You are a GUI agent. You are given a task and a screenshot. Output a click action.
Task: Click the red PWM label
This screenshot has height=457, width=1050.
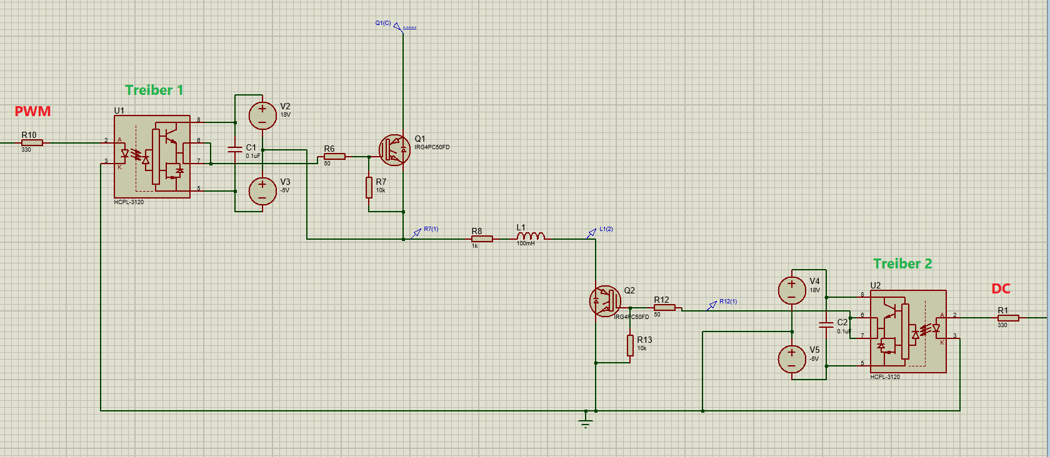(x=32, y=112)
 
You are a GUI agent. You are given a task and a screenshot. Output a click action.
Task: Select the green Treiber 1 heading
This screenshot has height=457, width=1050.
(x=154, y=91)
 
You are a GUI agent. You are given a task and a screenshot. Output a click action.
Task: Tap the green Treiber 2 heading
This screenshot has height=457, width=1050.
(x=902, y=264)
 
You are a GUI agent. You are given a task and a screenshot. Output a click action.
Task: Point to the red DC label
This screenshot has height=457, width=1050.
(x=1001, y=289)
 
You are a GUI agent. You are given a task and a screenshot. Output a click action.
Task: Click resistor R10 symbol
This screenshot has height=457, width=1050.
(x=32, y=143)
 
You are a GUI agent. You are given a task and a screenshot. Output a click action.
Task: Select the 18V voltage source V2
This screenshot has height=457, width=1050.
(x=262, y=115)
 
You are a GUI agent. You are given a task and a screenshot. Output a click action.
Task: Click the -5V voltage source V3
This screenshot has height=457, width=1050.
(x=262, y=191)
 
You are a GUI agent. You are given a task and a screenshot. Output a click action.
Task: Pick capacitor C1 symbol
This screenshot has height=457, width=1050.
(x=235, y=150)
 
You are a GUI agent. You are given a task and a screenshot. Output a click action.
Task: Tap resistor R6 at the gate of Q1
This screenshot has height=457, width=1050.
(x=334, y=156)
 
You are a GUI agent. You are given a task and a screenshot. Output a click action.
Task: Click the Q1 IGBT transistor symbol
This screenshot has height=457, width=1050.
(x=394, y=150)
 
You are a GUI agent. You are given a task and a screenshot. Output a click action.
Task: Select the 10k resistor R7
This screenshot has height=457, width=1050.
(x=369, y=187)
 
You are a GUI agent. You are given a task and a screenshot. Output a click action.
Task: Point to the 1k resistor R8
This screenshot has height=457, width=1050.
(x=482, y=238)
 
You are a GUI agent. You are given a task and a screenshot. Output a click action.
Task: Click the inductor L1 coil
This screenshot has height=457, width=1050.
(x=531, y=236)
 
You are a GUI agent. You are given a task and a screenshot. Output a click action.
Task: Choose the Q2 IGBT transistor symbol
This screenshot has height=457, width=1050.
(x=605, y=301)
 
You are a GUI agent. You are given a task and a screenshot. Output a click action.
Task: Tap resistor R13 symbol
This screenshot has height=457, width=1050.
(x=630, y=345)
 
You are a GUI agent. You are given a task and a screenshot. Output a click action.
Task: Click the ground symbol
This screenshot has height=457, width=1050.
(x=586, y=423)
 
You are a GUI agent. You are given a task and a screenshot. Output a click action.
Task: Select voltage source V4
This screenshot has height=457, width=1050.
(x=792, y=290)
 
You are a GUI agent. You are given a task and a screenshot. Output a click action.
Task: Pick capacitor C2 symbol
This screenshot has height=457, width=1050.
(x=826, y=324)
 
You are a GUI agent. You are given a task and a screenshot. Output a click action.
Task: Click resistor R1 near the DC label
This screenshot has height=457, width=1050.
(x=1008, y=318)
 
